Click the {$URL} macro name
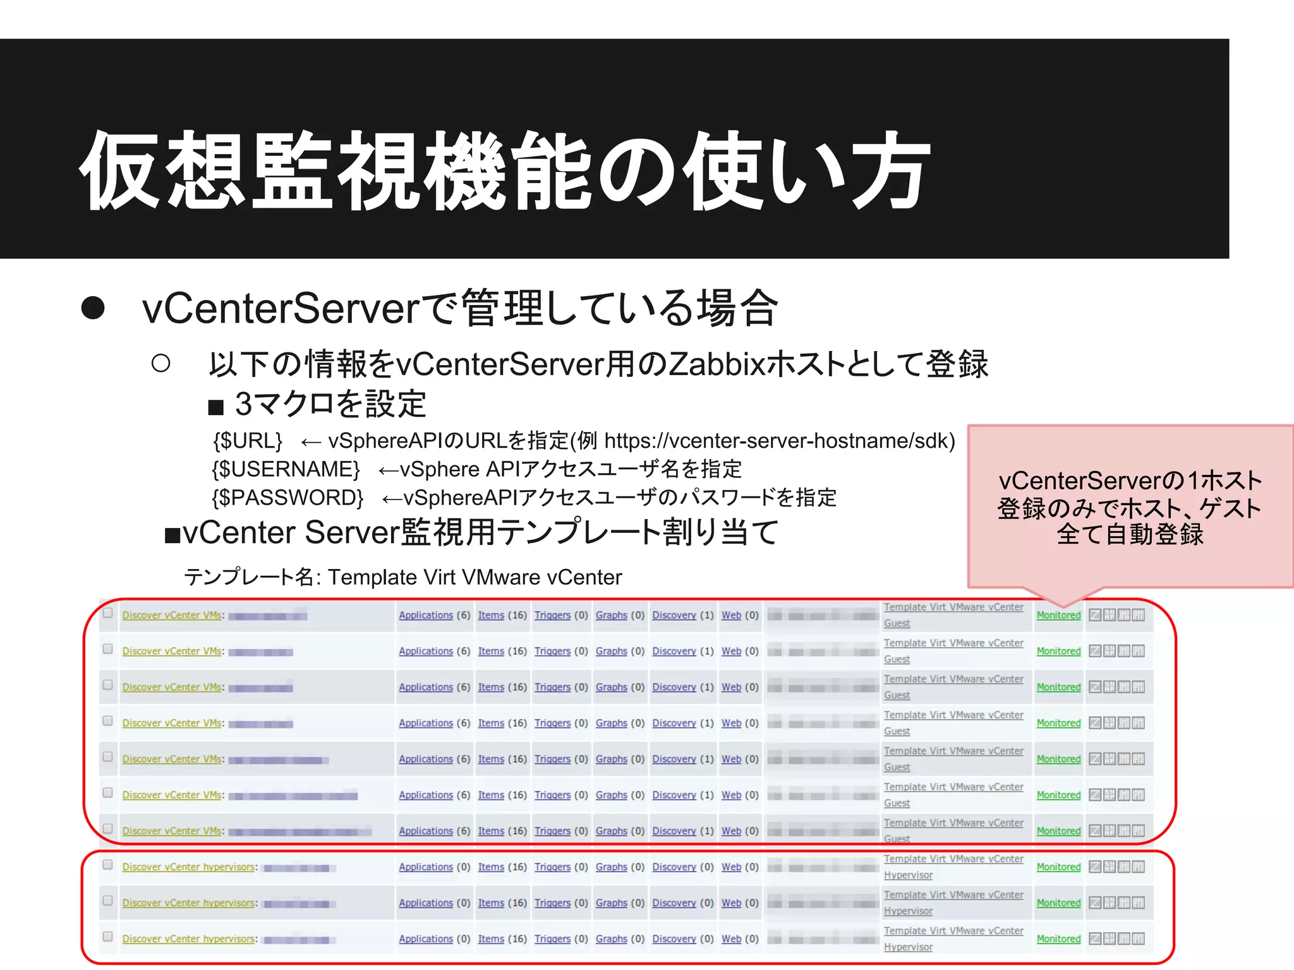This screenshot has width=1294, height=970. tap(248, 441)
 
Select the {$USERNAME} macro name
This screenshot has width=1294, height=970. tap(286, 469)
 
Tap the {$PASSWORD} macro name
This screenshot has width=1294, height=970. tap(287, 498)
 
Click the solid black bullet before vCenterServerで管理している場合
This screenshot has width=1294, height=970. tap(93, 308)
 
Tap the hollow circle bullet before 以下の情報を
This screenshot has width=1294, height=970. tap(161, 363)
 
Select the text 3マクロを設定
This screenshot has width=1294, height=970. tap(330, 404)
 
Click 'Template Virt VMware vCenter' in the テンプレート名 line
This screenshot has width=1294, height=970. tap(475, 577)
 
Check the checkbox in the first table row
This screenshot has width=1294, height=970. tap(108, 613)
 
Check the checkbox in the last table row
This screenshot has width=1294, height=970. tap(108, 937)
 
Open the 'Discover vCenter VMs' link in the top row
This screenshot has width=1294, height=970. tap(172, 615)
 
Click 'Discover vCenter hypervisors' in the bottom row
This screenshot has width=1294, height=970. tap(189, 939)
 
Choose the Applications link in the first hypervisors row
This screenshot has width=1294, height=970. tap(426, 867)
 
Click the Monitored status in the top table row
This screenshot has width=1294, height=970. tap(1058, 615)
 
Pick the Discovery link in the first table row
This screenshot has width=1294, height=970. tap(674, 615)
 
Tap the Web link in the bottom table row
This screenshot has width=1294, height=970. tap(731, 939)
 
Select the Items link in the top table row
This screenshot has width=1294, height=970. tap(491, 615)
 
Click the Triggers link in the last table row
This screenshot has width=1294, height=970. tap(552, 939)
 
